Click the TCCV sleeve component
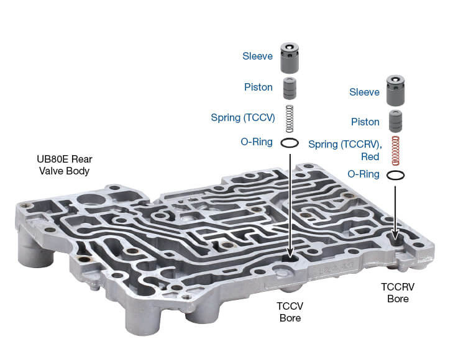(x=290, y=59)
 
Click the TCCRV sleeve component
(x=396, y=92)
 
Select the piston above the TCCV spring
(x=290, y=88)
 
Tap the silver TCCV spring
(x=290, y=118)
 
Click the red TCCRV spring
(x=396, y=151)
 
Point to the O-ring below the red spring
(x=396, y=175)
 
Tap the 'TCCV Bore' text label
(x=289, y=312)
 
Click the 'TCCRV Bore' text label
(x=398, y=292)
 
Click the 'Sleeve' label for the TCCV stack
(x=257, y=56)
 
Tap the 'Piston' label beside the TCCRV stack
(x=365, y=122)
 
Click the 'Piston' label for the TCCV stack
(x=258, y=87)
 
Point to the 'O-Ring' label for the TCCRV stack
(x=364, y=174)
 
